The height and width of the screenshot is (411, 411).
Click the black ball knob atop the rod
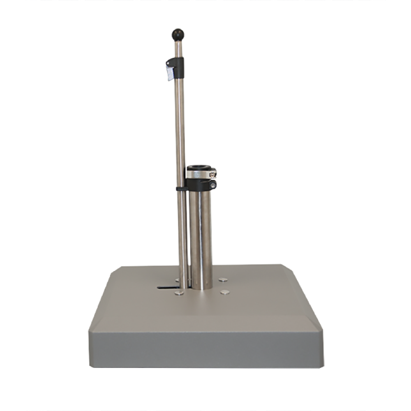178,35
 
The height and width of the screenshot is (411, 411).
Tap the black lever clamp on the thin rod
178,68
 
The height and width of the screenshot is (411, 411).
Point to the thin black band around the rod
181,189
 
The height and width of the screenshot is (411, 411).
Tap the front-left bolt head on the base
179,292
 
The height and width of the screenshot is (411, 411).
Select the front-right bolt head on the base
225,292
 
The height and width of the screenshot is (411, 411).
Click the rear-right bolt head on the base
223,280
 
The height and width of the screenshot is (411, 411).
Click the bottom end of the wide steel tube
202,287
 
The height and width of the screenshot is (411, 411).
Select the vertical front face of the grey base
205,347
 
